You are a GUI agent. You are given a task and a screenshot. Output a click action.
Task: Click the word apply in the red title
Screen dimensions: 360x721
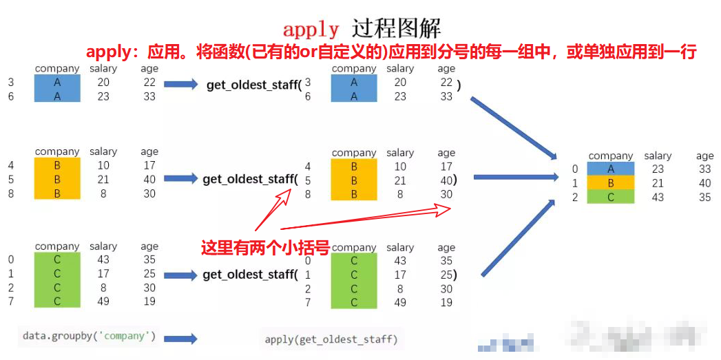311,30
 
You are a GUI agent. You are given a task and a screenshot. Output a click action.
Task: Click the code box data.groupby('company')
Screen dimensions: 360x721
89,336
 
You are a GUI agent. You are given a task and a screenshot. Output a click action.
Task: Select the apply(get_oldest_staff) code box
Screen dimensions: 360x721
331,339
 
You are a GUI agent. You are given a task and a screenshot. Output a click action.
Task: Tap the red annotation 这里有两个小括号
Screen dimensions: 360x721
264,248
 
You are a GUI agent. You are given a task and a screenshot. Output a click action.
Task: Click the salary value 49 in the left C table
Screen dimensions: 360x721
103,301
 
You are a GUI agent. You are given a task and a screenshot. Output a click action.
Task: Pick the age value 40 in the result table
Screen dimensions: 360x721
704,183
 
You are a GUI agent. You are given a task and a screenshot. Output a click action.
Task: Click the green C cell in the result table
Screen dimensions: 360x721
610,197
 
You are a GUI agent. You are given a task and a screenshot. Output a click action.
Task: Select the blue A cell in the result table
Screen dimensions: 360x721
610,169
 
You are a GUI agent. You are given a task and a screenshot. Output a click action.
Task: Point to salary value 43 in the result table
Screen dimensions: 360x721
658,197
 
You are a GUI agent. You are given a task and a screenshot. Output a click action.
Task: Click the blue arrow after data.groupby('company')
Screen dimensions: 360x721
180,339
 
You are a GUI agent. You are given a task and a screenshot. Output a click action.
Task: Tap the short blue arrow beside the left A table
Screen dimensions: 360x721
181,84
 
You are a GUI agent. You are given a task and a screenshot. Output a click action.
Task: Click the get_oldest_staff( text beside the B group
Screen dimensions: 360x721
249,179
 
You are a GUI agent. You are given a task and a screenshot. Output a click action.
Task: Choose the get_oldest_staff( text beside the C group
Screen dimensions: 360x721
249,275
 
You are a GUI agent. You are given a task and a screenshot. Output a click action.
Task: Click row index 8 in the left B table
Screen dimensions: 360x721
11,193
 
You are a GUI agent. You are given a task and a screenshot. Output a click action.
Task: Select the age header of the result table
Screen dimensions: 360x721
704,156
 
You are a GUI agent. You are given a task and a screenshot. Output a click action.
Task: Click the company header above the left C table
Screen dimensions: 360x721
57,246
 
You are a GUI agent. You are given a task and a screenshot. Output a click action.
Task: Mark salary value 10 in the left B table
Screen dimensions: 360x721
103,165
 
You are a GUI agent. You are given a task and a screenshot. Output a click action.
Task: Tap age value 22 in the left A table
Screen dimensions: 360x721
149,83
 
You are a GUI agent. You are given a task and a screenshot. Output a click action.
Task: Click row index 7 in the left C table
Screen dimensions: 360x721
11,301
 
